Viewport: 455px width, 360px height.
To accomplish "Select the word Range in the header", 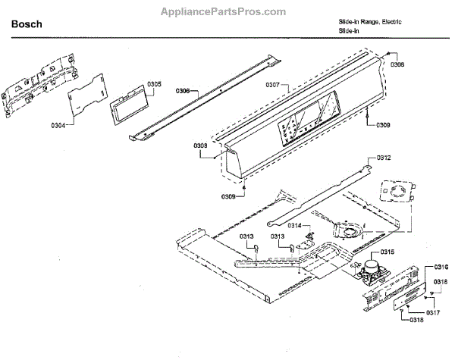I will pyautogui.click(x=366, y=22).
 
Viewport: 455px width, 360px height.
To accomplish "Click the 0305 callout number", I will pyautogui.click(x=154, y=83).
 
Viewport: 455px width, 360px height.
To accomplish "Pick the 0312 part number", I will pyautogui.click(x=384, y=158).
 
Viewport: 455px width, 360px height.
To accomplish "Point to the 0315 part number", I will pyautogui.click(x=387, y=252).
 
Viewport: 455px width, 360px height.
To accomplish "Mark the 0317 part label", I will pyautogui.click(x=432, y=311).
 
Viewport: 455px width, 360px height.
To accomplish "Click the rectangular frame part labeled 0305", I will pyautogui.click(x=128, y=106).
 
